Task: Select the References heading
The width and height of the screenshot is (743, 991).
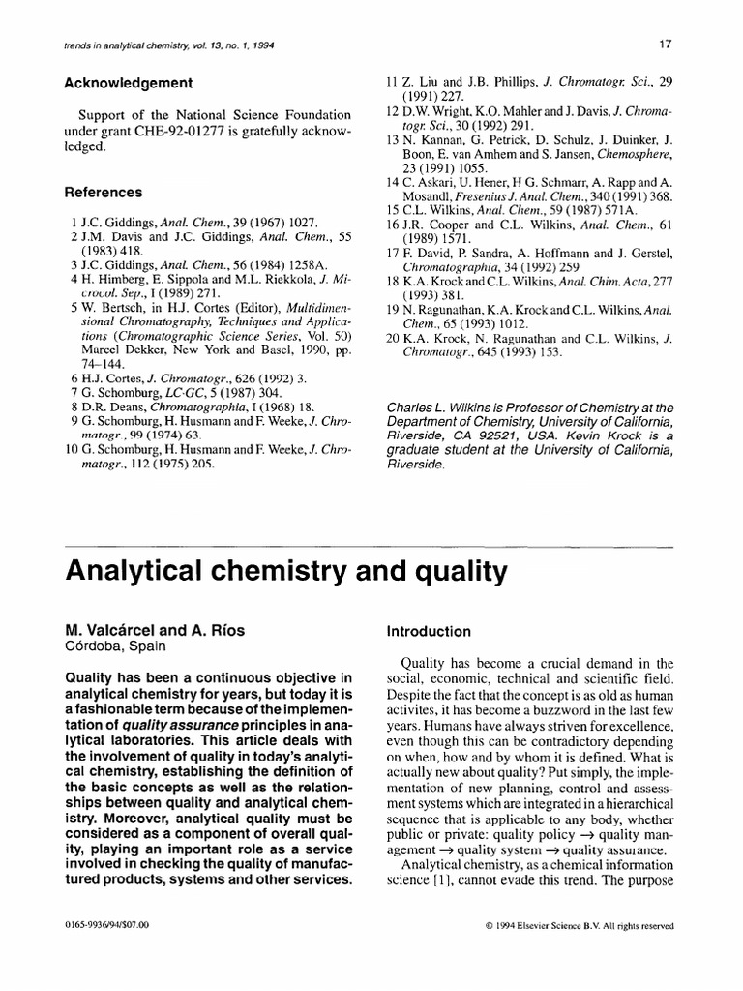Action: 103,193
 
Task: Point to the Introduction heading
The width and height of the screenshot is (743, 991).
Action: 429,632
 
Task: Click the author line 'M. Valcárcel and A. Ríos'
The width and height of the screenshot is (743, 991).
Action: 154,631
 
